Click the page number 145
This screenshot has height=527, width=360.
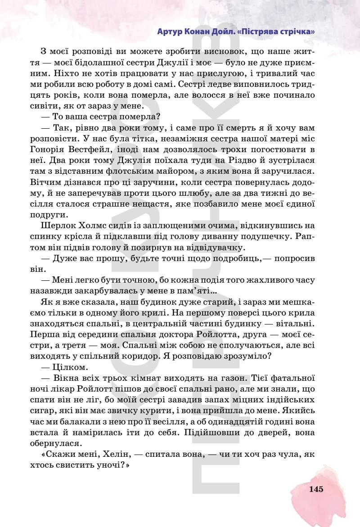316,490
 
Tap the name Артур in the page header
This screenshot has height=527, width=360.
170,32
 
